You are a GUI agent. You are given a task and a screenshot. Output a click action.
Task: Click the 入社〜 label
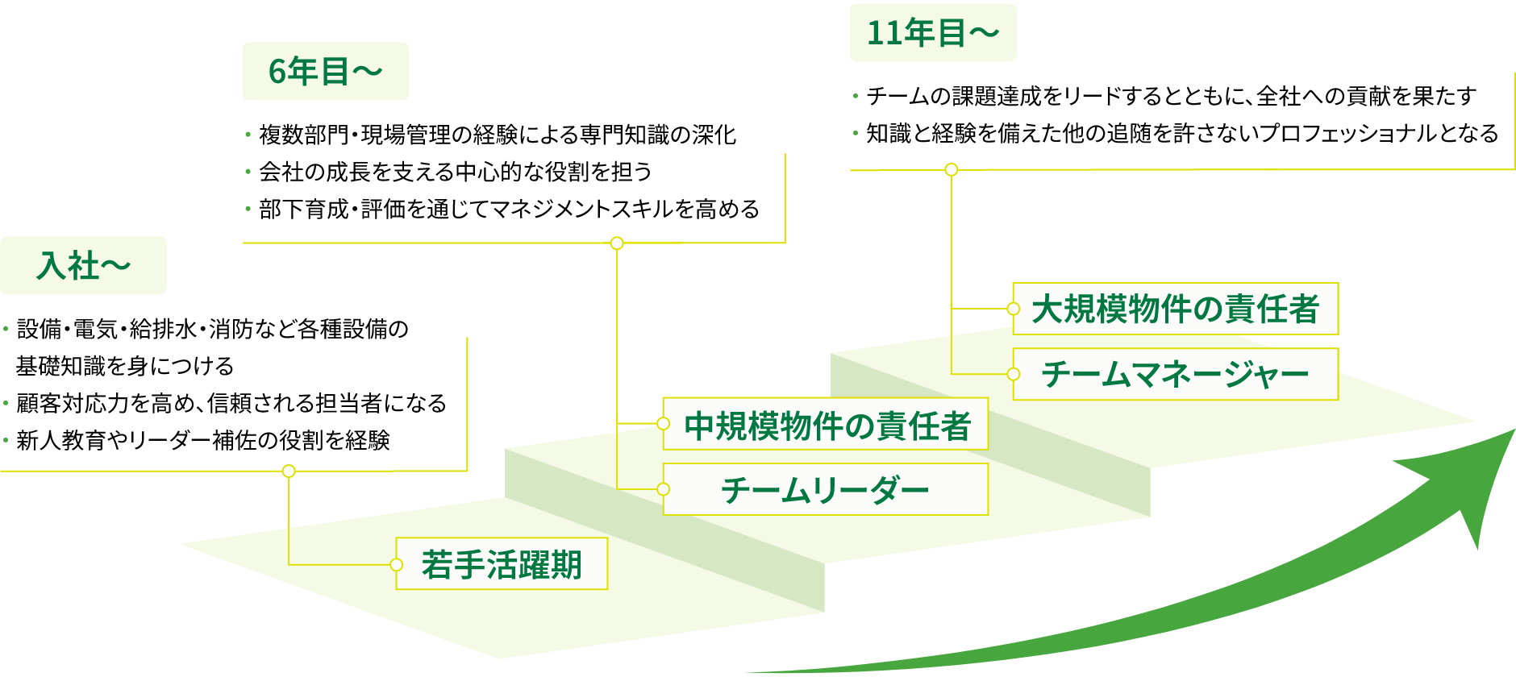coord(83,265)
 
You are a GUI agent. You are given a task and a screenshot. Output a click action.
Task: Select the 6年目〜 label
coord(325,71)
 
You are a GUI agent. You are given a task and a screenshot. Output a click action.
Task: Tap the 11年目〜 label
coord(932,33)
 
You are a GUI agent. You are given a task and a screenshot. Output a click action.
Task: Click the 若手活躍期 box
coord(502,564)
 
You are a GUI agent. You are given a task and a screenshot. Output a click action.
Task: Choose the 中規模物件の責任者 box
coord(826,424)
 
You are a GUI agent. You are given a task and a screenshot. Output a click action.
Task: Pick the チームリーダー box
coord(826,489)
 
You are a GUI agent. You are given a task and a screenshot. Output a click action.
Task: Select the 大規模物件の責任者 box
coord(1176,309)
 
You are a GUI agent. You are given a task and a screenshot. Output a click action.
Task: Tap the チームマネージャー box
coord(1176,374)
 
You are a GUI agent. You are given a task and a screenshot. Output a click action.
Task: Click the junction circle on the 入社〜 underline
coord(289,471)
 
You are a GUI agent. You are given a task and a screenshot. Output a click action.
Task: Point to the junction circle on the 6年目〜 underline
coord(617,243)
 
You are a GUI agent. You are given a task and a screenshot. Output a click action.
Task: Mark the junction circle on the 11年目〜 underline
coord(952,169)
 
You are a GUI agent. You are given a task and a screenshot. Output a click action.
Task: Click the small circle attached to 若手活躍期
coord(396,564)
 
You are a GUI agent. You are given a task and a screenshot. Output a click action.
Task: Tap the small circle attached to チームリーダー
coord(663,489)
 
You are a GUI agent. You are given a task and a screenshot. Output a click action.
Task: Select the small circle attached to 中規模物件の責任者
coord(663,424)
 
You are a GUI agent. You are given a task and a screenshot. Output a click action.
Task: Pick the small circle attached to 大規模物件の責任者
coord(1014,309)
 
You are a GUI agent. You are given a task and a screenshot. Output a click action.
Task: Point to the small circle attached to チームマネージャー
coord(1014,374)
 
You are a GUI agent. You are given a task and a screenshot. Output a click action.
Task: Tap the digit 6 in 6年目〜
coord(277,72)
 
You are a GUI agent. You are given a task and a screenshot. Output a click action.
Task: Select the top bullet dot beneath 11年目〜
coord(856,96)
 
